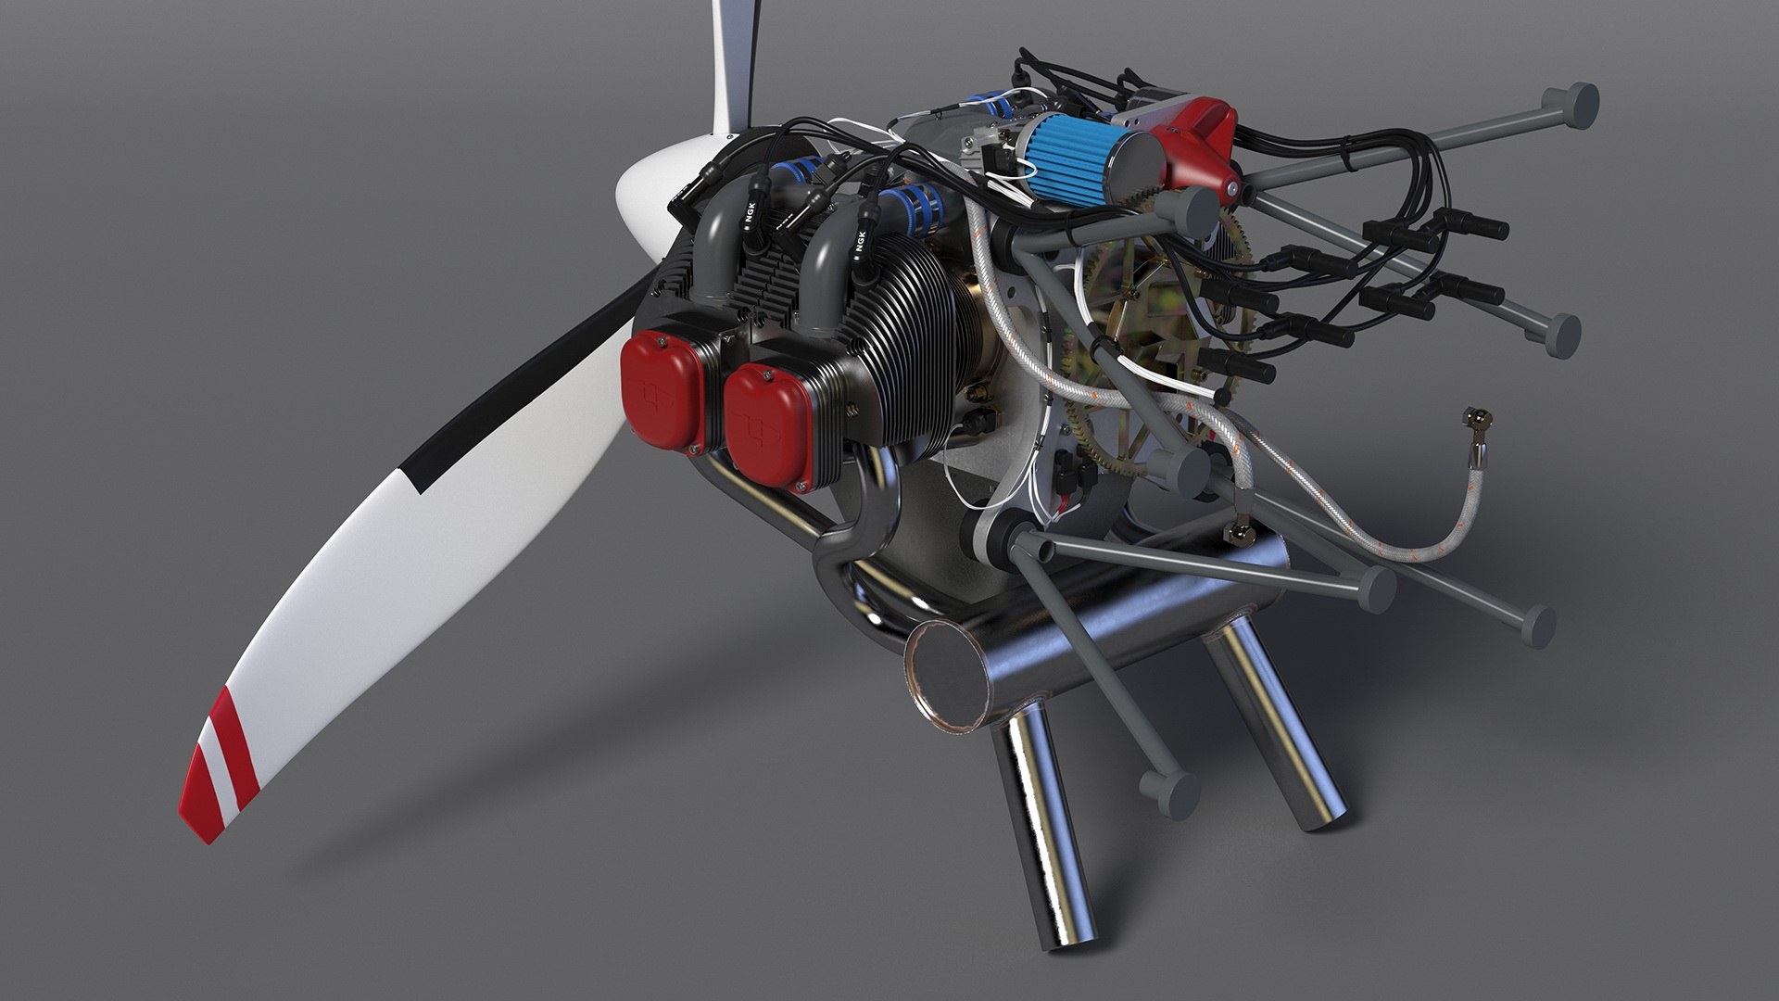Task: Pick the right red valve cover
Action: coord(766,422)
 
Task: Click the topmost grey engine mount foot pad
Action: coord(1575,104)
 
